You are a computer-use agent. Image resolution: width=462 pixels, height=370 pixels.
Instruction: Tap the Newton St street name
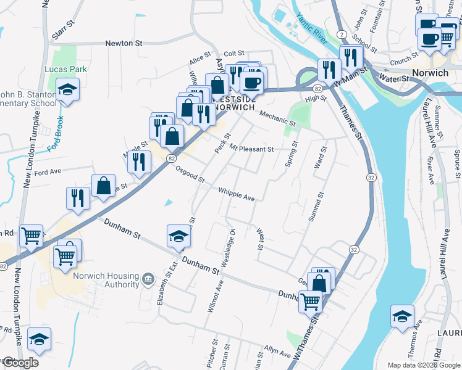[x=124, y=43]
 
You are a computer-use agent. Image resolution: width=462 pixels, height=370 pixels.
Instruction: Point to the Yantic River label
[x=311, y=26]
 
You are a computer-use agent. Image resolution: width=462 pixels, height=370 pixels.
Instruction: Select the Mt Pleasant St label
[x=251, y=149]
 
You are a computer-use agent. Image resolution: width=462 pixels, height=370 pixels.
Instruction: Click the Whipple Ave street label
[x=237, y=194]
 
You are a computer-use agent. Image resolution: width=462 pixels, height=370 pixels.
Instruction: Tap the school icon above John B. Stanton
[x=67, y=90]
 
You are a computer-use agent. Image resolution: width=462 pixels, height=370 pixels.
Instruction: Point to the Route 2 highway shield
[x=341, y=35]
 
